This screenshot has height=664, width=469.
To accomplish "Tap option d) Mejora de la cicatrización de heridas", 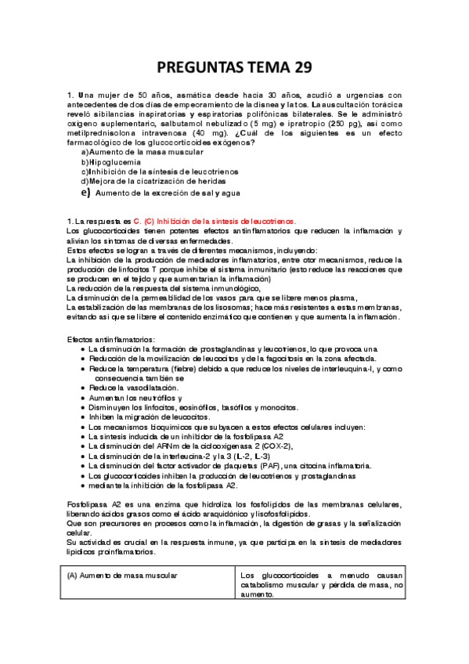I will tap(148, 181).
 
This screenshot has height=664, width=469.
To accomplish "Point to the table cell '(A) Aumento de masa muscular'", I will tap(122, 575).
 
